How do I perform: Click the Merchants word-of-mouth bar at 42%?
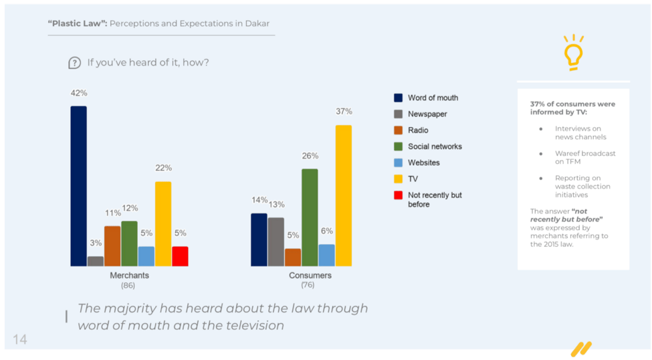[78, 186]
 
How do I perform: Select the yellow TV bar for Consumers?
[343, 195]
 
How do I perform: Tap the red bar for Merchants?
[180, 256]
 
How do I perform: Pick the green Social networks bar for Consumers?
[310, 217]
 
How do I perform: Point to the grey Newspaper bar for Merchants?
[96, 261]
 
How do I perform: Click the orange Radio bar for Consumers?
[292, 258]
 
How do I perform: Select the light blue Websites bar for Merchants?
[146, 256]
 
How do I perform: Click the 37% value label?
[344, 112]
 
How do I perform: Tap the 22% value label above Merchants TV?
[164, 168]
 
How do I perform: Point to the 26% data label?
[310, 156]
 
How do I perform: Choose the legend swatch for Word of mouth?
[399, 98]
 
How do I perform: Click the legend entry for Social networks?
[435, 147]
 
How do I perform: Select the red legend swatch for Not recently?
[399, 195]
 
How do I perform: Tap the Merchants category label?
[129, 276]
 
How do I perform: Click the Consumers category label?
[310, 276]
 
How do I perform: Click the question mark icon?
[75, 63]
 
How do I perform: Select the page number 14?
[20, 340]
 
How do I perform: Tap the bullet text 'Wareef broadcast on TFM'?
[584, 157]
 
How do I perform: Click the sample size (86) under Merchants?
[129, 286]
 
